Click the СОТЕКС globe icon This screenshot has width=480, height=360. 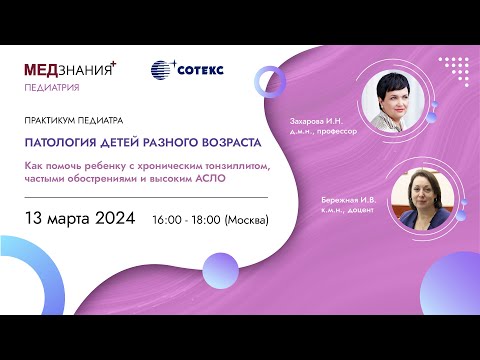click(x=162, y=70)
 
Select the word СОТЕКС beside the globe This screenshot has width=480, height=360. click(x=201, y=70)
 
